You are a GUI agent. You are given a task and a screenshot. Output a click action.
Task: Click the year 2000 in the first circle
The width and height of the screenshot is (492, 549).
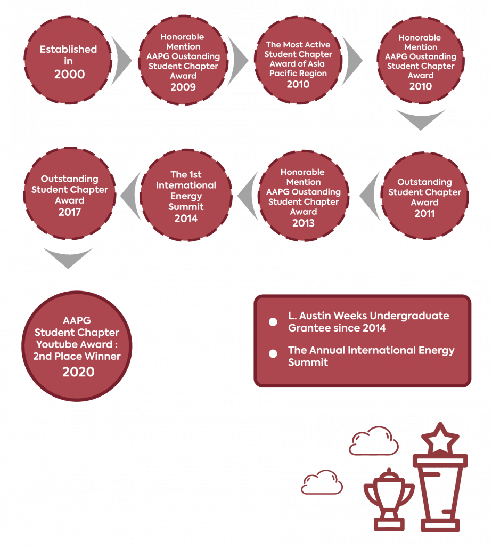[69, 74]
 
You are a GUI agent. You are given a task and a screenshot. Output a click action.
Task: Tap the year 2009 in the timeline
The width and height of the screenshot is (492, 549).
[183, 87]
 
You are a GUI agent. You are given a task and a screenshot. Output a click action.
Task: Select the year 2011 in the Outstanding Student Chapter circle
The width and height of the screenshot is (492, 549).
[424, 213]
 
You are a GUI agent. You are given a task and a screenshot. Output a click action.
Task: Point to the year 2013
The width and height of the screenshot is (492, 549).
[303, 223]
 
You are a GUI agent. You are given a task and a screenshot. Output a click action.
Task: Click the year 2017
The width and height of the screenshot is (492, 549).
[70, 212]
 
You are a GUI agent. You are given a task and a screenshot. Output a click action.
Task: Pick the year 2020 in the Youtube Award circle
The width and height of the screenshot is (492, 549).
[78, 372]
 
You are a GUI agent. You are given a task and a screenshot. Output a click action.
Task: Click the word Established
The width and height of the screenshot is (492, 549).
[68, 49]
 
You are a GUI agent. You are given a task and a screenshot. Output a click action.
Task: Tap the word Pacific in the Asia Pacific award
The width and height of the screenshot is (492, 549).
[281, 74]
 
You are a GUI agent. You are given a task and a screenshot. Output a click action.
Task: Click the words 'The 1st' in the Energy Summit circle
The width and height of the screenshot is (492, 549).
[186, 174]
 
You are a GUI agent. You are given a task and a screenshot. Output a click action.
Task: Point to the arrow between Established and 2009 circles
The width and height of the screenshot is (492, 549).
[121, 61]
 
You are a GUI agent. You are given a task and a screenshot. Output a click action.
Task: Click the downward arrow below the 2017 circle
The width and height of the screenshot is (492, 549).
[68, 258]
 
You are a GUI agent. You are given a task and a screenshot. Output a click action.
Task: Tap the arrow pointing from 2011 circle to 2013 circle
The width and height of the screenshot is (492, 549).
[371, 196]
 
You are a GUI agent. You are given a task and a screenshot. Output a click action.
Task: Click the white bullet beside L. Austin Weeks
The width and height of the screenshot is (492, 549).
[273, 322]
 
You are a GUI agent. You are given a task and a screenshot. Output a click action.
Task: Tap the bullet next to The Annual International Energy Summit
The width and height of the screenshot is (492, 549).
[273, 353]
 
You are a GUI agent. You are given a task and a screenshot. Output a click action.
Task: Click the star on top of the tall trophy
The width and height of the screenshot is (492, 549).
[440, 438]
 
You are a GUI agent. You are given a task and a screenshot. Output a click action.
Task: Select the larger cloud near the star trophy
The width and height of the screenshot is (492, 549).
[373, 441]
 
